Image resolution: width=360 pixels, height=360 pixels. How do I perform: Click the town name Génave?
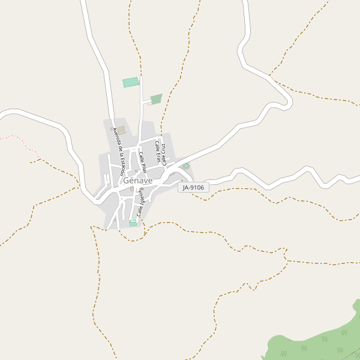137,180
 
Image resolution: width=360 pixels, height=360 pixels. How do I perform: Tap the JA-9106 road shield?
193,188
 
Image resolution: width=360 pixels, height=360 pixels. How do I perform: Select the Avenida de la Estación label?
119,152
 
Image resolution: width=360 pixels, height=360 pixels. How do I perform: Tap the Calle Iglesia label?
142,202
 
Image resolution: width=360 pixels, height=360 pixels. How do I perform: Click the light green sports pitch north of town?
130,82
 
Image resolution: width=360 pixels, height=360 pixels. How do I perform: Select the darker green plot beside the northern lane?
156,99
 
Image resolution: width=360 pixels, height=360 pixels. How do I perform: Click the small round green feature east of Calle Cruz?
186,166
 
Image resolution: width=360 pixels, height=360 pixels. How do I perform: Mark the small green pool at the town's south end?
133,223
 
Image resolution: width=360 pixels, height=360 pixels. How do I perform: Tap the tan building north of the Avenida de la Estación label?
121,130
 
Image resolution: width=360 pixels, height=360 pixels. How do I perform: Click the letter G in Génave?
127,180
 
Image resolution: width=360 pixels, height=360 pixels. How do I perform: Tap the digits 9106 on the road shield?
197,188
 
